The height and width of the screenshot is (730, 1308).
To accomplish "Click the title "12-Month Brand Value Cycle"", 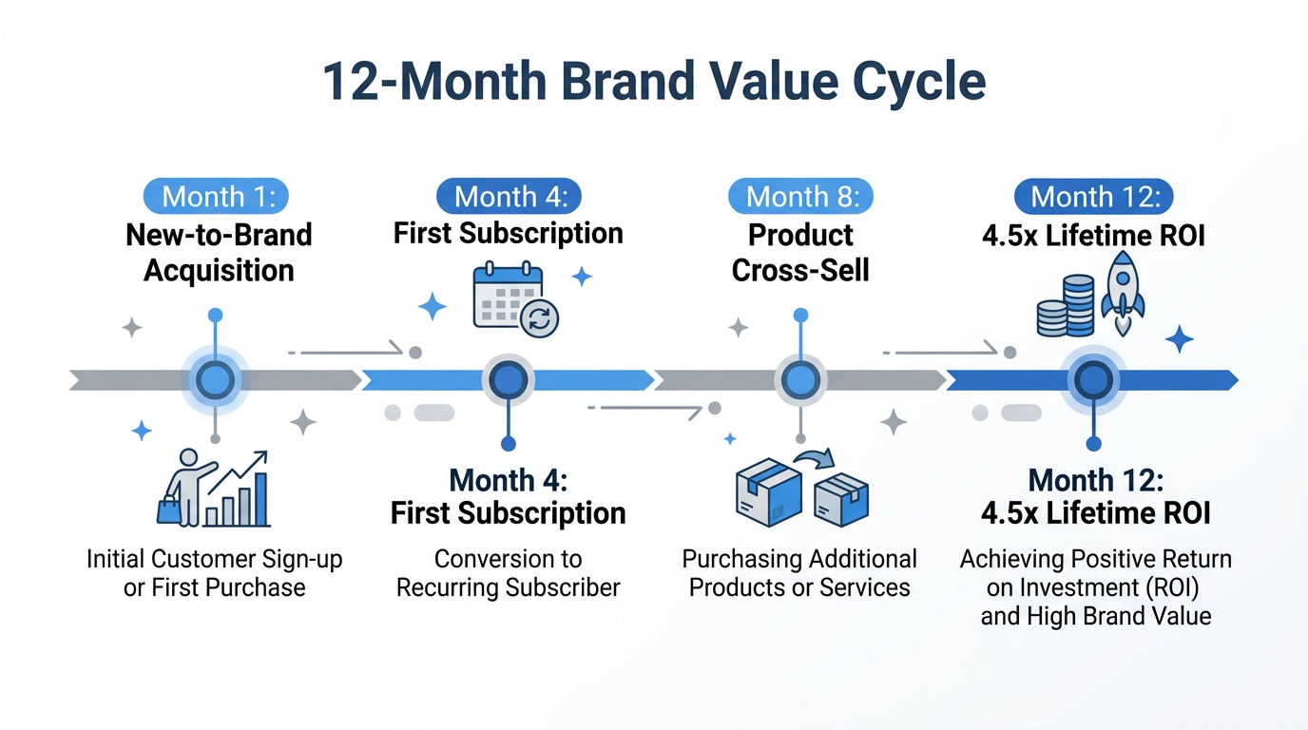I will (654, 82).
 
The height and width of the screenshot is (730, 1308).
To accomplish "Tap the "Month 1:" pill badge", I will (216, 197).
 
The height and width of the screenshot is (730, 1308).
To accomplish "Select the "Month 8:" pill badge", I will (801, 197).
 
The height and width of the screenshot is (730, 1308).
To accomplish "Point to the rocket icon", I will (1123, 293).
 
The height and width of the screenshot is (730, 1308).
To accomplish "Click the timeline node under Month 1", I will (216, 380).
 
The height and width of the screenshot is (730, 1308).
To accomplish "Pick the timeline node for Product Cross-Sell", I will (801, 380).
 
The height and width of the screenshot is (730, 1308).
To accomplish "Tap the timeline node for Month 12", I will (1093, 380).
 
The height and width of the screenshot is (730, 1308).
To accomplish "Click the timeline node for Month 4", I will (509, 380).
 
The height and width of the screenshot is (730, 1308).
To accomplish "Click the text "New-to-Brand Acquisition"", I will (218, 253).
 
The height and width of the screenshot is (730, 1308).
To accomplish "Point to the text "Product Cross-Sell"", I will (800, 253).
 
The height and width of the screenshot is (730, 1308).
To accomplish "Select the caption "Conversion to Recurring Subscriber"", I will (509, 573).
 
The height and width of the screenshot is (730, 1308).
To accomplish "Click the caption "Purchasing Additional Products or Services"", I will (800, 573).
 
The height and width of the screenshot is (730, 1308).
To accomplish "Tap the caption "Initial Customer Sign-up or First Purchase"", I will (215, 573).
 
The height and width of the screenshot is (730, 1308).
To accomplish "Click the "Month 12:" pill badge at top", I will (1093, 197).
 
